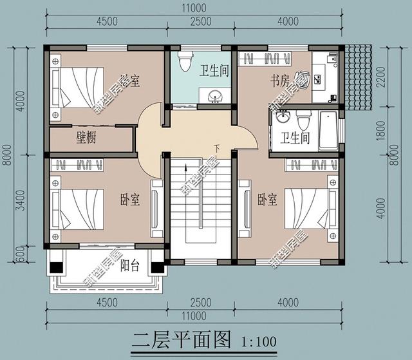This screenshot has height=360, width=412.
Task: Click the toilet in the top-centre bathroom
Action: click(x=186, y=62)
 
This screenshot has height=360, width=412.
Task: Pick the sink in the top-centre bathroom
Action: click(x=217, y=96)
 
